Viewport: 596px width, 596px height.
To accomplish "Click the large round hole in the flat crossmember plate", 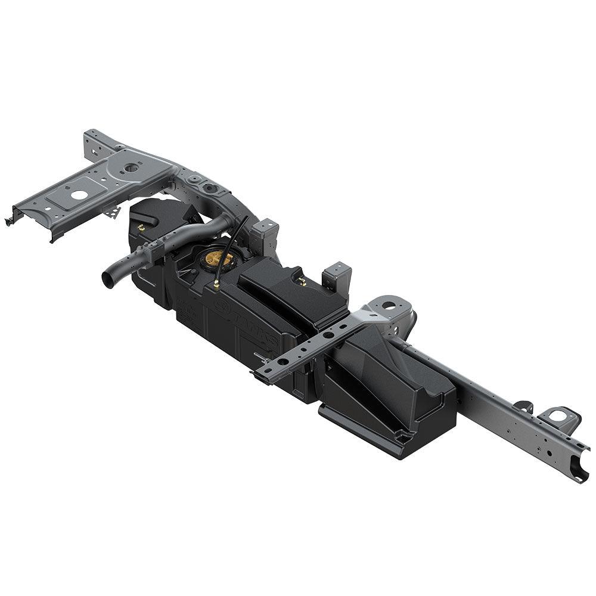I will [77, 194].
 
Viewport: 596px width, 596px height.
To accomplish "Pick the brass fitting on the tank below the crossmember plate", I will [141, 227].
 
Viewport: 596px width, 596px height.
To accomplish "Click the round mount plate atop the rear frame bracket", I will [390, 305].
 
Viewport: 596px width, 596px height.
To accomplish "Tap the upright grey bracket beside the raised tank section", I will [337, 277].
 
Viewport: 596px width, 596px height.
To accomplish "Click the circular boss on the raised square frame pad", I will [132, 168].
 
